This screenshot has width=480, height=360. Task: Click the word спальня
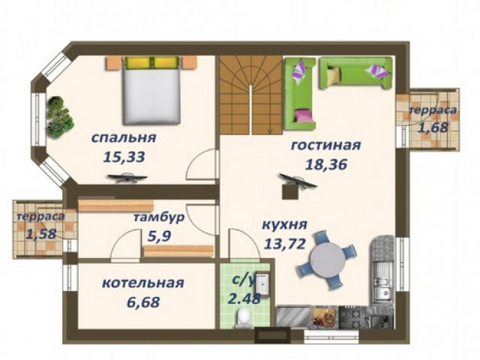[124, 138]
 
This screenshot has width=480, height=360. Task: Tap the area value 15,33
[124, 157]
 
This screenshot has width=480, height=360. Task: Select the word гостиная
[325, 145]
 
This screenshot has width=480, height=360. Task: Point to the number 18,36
[326, 165]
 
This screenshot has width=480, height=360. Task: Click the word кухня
[285, 225]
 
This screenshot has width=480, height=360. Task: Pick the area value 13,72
[285, 244]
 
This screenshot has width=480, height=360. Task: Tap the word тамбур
[159, 218]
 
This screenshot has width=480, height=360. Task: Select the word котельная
[143, 283]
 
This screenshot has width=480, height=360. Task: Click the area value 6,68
[143, 302]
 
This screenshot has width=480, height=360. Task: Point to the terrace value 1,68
[433, 127]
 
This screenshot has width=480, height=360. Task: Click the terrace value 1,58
[41, 234]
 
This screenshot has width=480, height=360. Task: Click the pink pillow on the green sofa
[303, 115]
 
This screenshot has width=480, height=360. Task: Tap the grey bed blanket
[151, 97]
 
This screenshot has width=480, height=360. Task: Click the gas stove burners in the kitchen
[352, 318]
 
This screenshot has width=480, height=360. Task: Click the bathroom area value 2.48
[244, 298]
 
